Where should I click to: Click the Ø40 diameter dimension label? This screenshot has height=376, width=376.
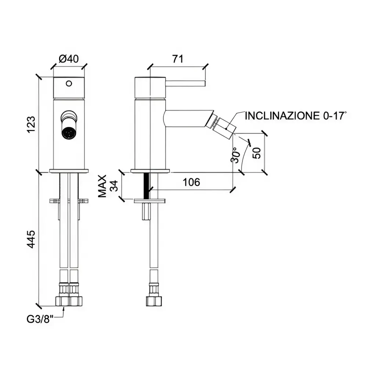(x=69, y=59)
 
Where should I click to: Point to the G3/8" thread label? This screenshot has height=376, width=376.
(x=40, y=319)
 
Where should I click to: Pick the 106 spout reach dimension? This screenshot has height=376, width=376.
(x=191, y=182)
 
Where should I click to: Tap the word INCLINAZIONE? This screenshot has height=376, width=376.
(x=282, y=116)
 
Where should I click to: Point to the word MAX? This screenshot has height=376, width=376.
(x=103, y=186)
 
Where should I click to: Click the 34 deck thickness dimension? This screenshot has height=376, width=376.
(x=115, y=186)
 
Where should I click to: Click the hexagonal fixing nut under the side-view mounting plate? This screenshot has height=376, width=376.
(x=146, y=211)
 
